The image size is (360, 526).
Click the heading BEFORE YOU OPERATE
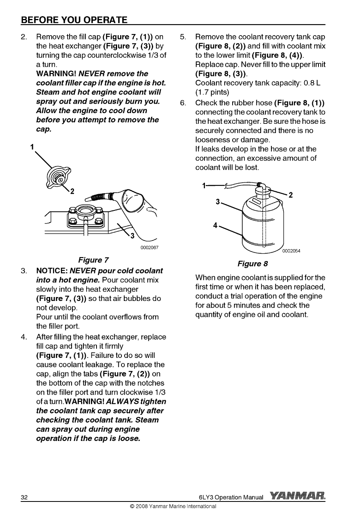coord(74,19)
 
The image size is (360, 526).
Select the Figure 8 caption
coord(252,264)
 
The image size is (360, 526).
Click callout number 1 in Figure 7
coord(32,147)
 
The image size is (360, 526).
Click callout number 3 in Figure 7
coord(132,237)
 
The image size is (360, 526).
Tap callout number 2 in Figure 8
coord(290,195)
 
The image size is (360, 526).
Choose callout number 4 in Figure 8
coord(215,225)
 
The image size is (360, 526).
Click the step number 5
coord(183,37)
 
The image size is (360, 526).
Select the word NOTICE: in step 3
coord(51,271)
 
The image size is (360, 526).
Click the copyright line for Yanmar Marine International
coord(170,506)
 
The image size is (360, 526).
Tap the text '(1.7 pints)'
coord(212,92)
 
